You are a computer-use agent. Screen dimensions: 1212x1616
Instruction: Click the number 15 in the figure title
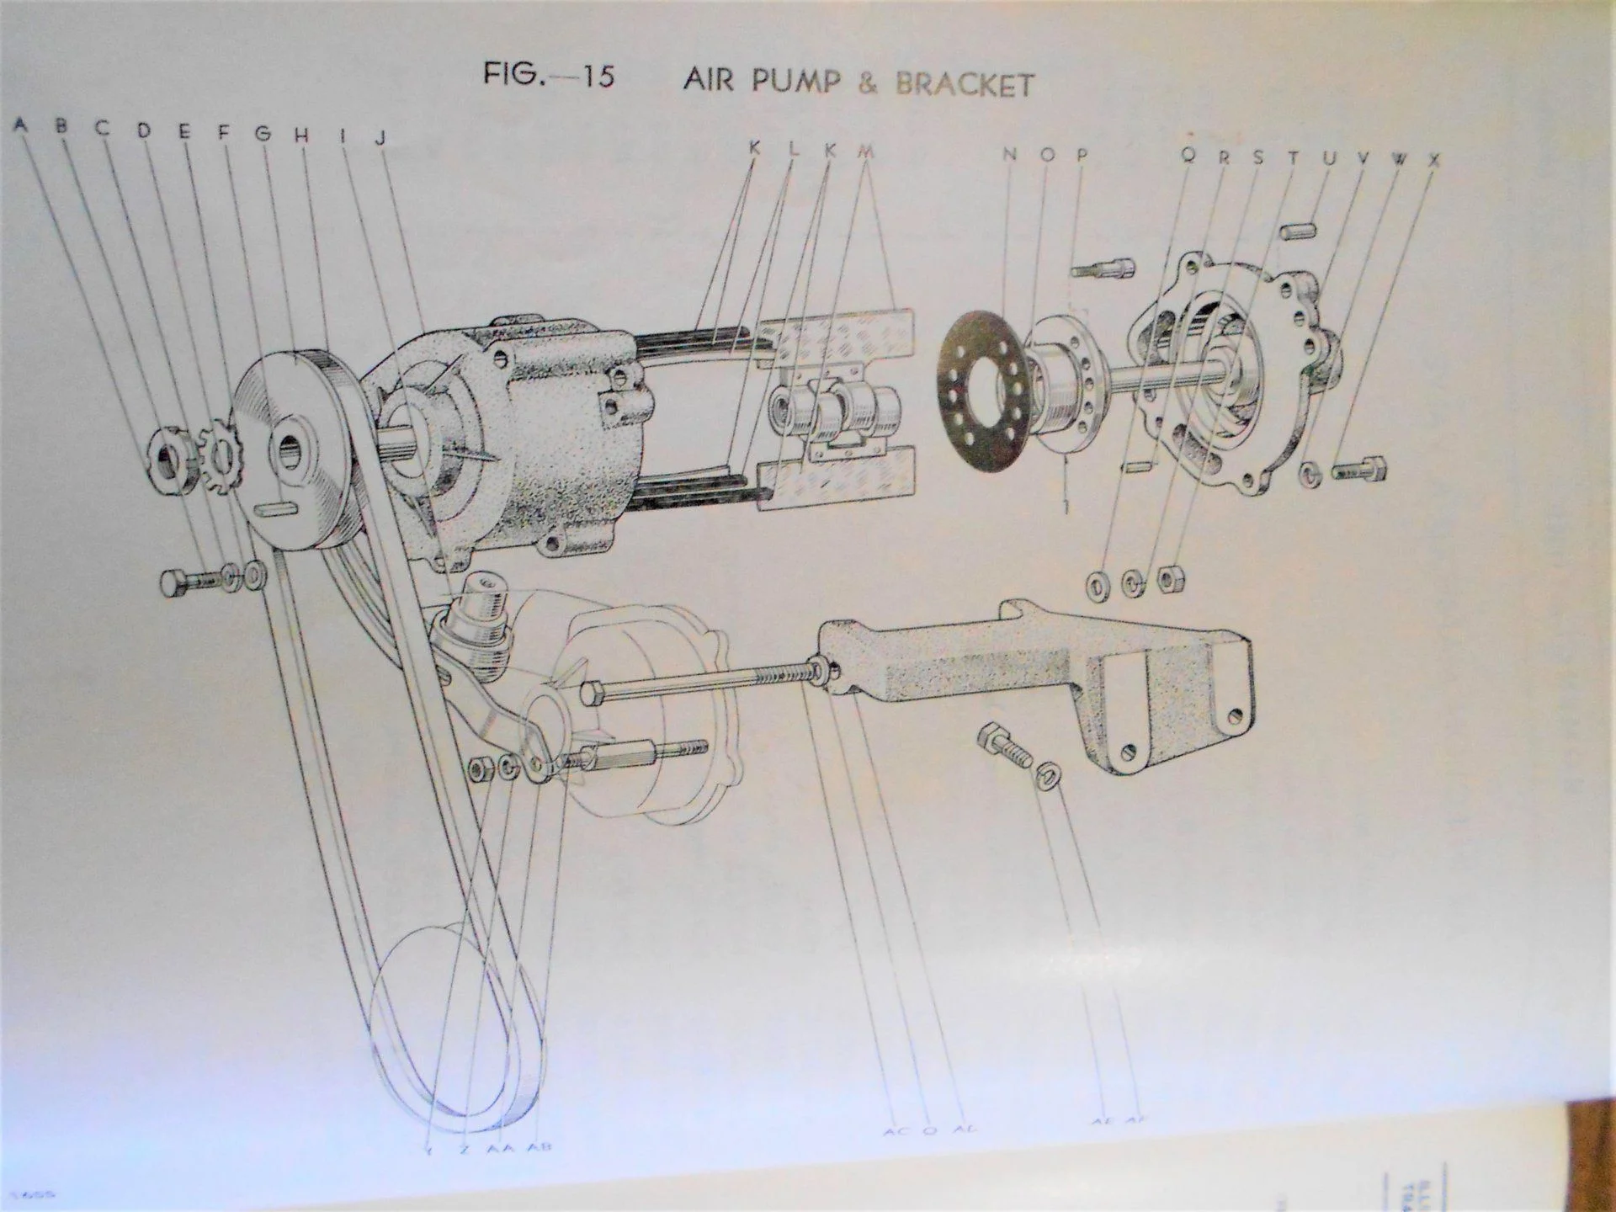coord(596,76)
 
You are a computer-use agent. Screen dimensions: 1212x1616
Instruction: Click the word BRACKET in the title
coord(965,84)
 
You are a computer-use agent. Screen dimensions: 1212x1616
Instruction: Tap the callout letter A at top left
coord(20,125)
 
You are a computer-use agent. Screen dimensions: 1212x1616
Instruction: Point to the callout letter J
coord(380,137)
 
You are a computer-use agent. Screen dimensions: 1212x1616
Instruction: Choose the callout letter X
coord(1434,159)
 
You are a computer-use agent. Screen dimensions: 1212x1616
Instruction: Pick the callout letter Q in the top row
coord(1188,155)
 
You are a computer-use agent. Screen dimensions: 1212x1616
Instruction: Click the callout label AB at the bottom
coord(540,1147)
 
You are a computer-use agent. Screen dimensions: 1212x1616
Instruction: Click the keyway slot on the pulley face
coord(279,508)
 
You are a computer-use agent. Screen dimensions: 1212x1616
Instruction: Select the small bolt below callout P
coord(1103,269)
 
